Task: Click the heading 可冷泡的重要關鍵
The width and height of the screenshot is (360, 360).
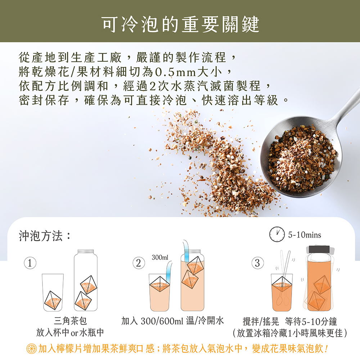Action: [x=180, y=24]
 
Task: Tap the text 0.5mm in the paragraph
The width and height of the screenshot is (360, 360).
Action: [x=176, y=72]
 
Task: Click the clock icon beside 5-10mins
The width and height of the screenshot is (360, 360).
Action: [x=277, y=234]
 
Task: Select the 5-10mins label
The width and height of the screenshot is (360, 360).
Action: [x=305, y=235]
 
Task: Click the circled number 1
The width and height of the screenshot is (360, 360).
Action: [x=30, y=263]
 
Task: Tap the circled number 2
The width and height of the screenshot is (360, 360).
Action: [x=139, y=263]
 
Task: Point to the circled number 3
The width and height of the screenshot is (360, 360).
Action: [x=257, y=263]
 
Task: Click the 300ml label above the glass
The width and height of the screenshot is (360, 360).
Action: [x=160, y=257]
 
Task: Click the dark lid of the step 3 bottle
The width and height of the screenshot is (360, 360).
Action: [x=319, y=249]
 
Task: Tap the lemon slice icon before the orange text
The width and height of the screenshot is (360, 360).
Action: [x=31, y=348]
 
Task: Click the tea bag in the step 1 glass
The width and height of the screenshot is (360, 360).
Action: [x=53, y=300]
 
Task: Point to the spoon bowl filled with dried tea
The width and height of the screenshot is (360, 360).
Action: [x=301, y=156]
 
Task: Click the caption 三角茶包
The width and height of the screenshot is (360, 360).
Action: [x=71, y=321]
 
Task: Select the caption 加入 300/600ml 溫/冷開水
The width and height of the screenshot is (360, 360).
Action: [x=172, y=321]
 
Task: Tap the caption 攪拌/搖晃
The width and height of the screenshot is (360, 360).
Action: [x=261, y=321]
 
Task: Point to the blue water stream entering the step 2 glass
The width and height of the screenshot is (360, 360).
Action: [x=169, y=271]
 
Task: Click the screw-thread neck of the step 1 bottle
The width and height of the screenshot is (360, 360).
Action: [x=86, y=251]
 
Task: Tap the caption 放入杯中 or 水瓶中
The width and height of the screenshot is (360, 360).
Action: [x=70, y=332]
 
